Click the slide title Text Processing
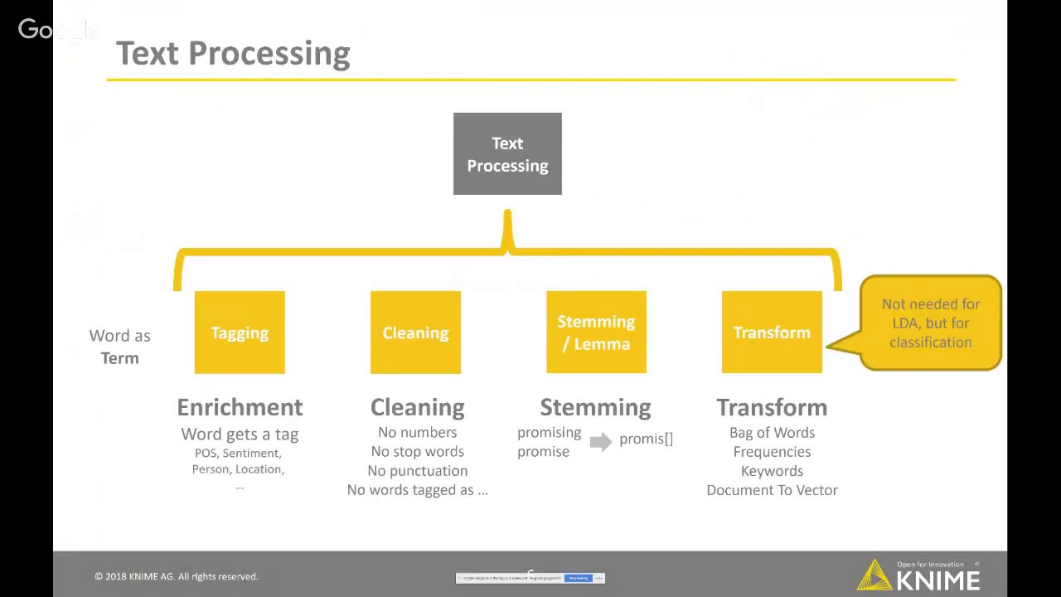pyautogui.click(x=233, y=53)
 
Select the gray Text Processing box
pyautogui.click(x=507, y=154)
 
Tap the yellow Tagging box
pyautogui.click(x=240, y=332)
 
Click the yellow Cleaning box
pyautogui.click(x=415, y=332)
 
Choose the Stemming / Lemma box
pyautogui.click(x=596, y=332)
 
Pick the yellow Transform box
pyautogui.click(x=772, y=332)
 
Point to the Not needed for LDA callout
pyautogui.click(x=930, y=323)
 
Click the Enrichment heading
pyautogui.click(x=240, y=407)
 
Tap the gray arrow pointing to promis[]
pyautogui.click(x=600, y=441)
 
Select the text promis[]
pyautogui.click(x=646, y=439)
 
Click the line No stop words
pyautogui.click(x=417, y=451)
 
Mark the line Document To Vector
pyautogui.click(x=772, y=490)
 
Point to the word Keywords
pyautogui.click(x=772, y=471)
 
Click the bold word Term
pyautogui.click(x=119, y=358)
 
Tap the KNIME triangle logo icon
pyautogui.click(x=874, y=575)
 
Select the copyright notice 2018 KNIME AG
pyautogui.click(x=176, y=576)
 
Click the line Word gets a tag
pyautogui.click(x=240, y=434)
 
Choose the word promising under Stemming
pyautogui.click(x=549, y=432)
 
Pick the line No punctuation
pyautogui.click(x=417, y=470)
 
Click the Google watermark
pyautogui.click(x=56, y=30)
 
